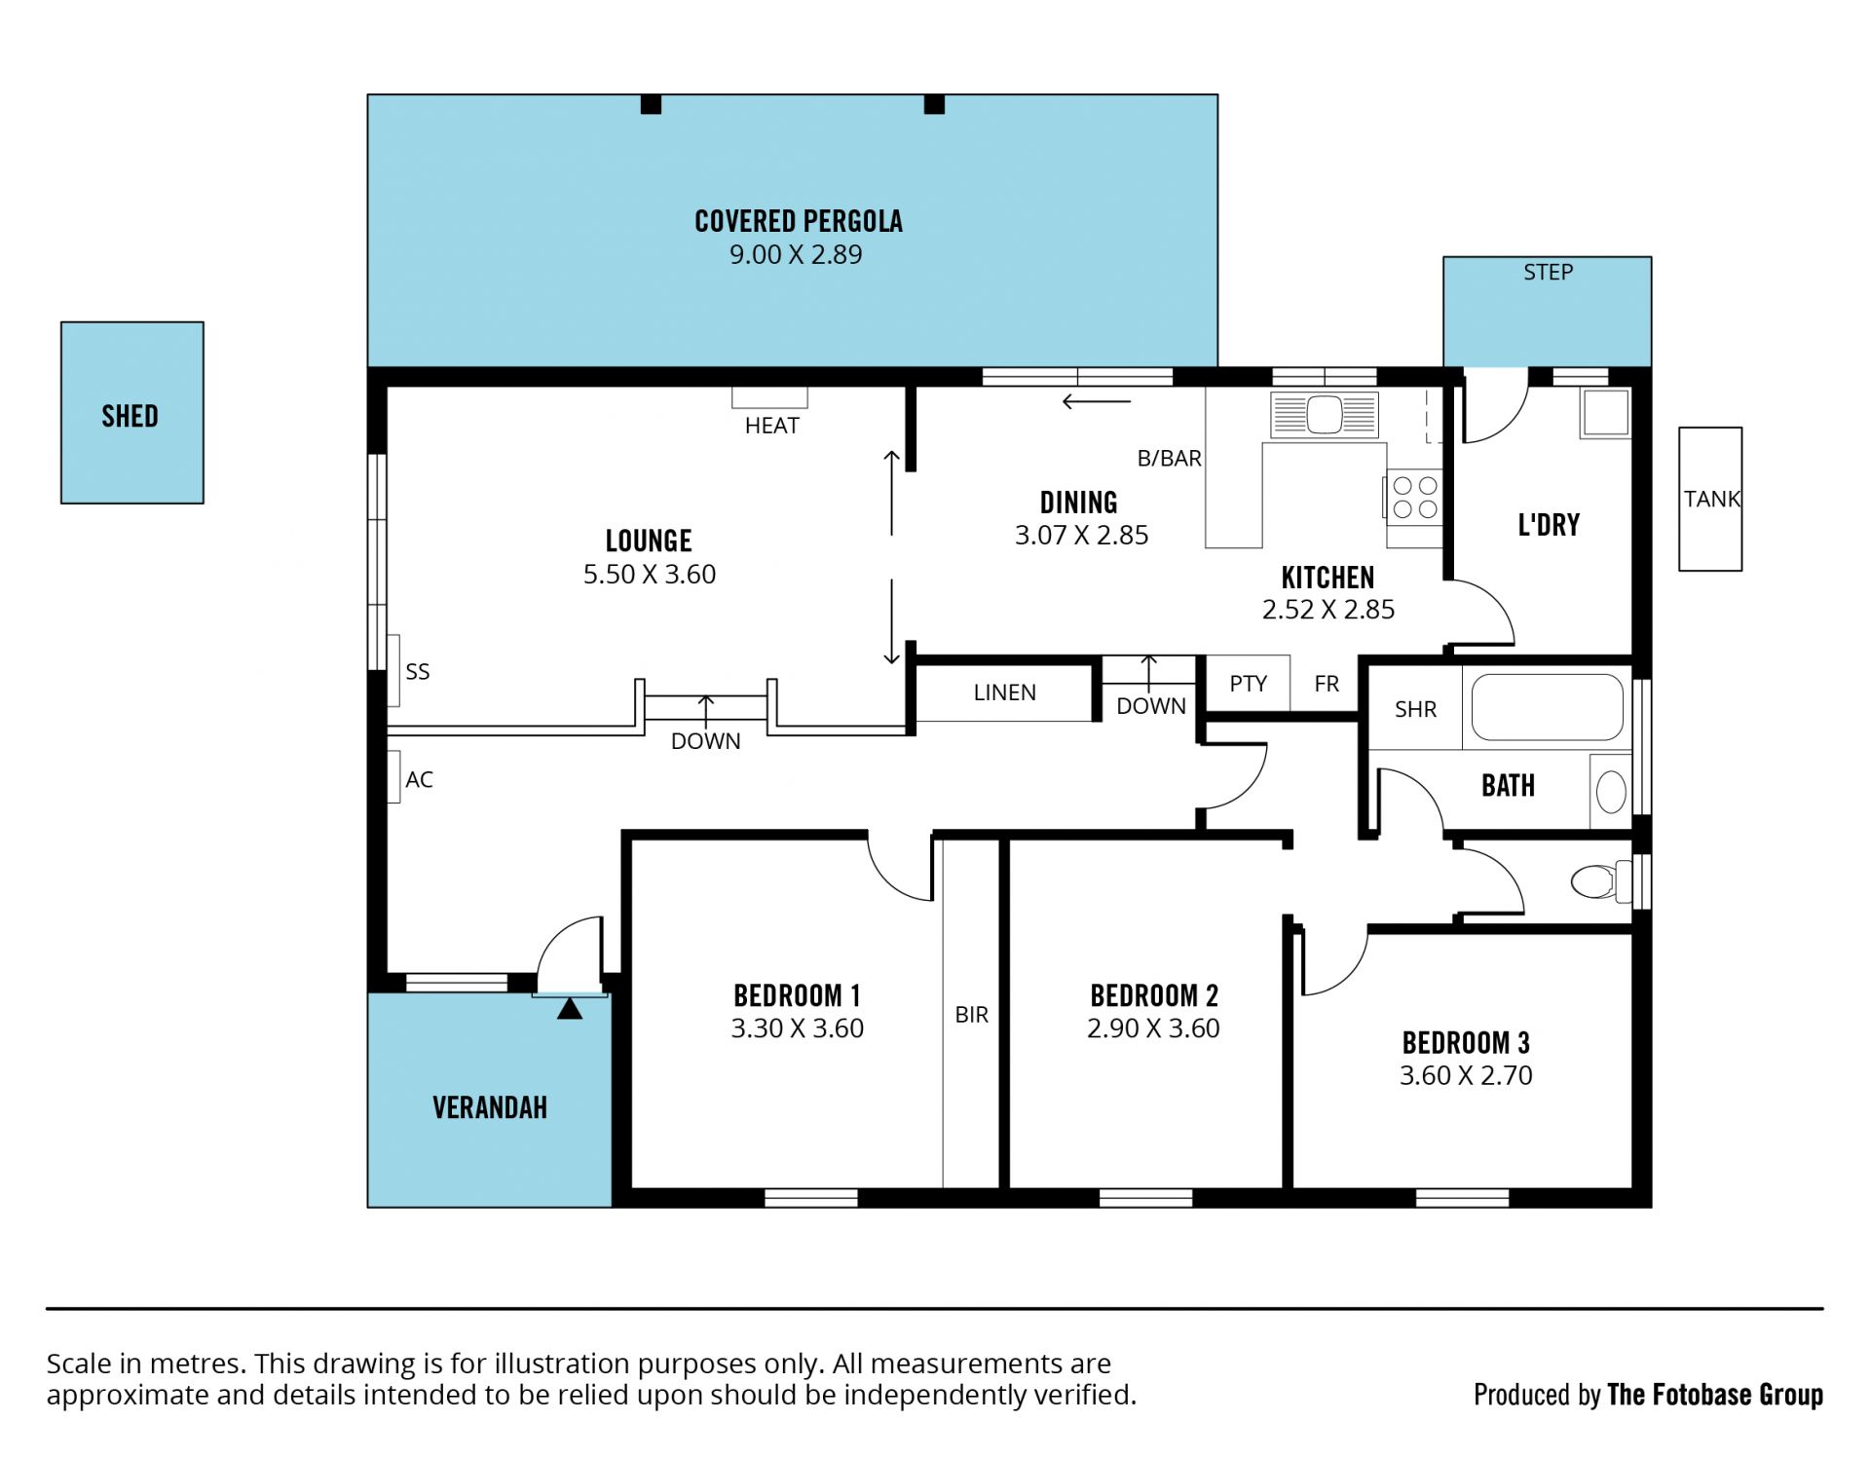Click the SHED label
[130, 416]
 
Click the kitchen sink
[1324, 414]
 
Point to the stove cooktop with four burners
[1414, 497]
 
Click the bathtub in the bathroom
[1547, 708]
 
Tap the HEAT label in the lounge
[771, 426]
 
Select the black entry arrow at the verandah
[570, 1009]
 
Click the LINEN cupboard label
[1004, 692]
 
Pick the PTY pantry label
[1248, 684]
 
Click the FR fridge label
[1327, 684]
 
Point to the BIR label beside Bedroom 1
[971, 1015]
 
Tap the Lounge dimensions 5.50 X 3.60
[650, 574]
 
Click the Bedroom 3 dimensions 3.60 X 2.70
[1466, 1075]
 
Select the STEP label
[1548, 273]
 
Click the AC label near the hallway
[419, 779]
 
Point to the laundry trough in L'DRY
[1605, 412]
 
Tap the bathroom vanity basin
[1611, 791]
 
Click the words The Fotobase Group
[1714, 1395]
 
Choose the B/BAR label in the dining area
[1169, 458]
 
